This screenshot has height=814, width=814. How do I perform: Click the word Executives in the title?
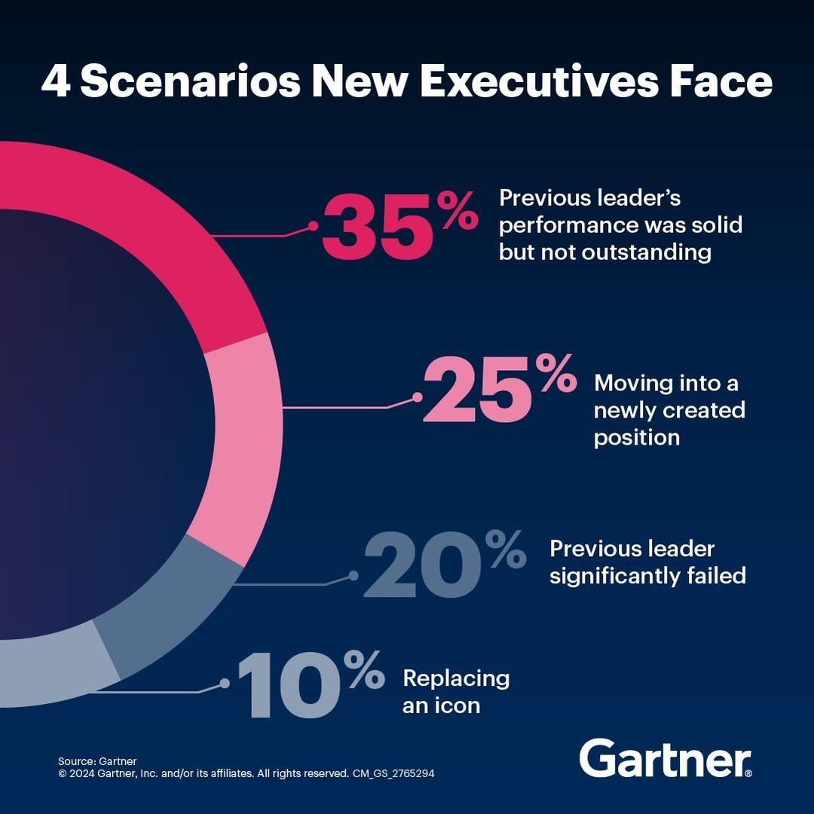tap(532, 81)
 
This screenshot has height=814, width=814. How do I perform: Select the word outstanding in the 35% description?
tap(646, 252)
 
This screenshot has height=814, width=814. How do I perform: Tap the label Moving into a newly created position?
tap(669, 410)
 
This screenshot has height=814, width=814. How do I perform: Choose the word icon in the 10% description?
tap(455, 706)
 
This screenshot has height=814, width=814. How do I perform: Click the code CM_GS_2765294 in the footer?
tap(393, 773)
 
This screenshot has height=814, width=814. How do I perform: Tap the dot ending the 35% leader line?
tap(313, 225)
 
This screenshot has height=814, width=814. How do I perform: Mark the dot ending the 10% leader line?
tap(225, 683)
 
